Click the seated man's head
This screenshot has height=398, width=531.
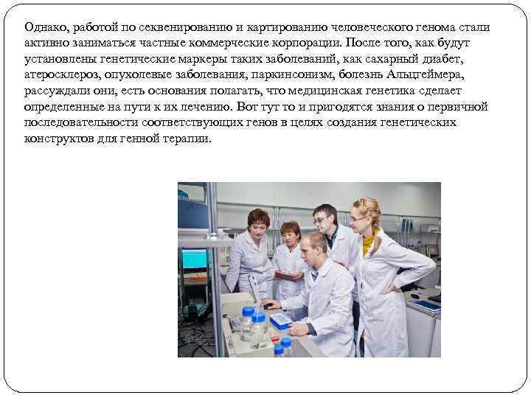(x=314, y=245)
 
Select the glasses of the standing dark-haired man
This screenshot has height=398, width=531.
(x=320, y=220)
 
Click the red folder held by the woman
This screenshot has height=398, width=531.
(x=285, y=275)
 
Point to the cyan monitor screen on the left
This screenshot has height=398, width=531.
(x=195, y=258)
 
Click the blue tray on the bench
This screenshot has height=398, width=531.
(x=281, y=320)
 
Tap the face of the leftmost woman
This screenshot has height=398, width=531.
(x=259, y=226)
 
